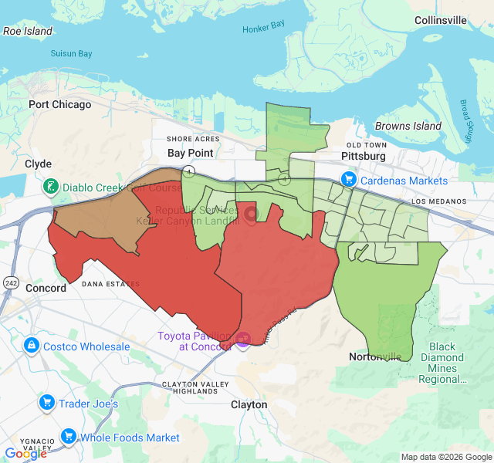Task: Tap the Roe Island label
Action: pos(28,32)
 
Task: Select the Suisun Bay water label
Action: pos(71,54)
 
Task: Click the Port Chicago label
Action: pos(59,104)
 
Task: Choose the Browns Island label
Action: pos(408,126)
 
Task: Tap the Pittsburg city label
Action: pos(364,156)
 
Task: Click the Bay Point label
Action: pos(190,153)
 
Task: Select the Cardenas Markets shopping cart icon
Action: pos(350,180)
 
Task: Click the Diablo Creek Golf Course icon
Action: pos(50,186)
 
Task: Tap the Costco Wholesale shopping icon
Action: pos(32,346)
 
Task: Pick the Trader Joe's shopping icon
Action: pos(46,403)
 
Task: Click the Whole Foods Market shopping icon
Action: pos(68,437)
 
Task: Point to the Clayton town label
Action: pos(249,404)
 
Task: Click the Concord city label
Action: pos(46,288)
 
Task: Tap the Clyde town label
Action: pos(38,164)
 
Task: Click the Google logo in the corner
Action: pos(25,454)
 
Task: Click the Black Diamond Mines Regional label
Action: pos(443,363)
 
